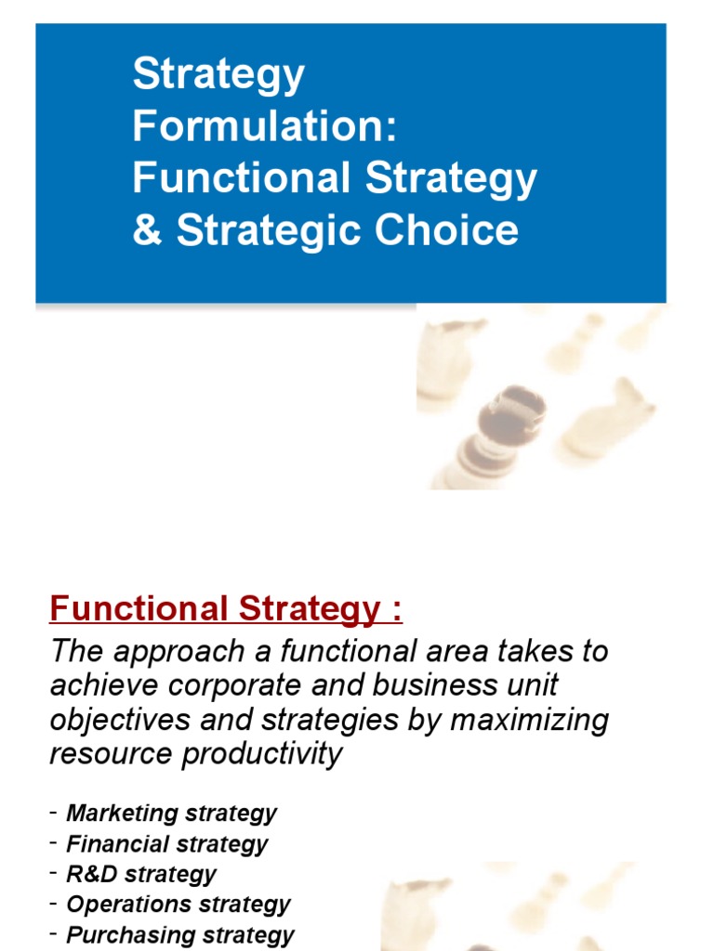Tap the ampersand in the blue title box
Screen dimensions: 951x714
click(x=147, y=229)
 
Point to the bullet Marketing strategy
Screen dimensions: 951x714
click(x=171, y=814)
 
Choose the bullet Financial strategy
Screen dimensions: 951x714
click(x=166, y=844)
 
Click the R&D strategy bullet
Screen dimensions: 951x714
click(x=141, y=874)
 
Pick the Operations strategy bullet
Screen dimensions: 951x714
click(x=178, y=904)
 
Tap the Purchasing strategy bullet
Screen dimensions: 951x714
click(x=180, y=934)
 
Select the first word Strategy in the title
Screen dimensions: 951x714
click(x=218, y=74)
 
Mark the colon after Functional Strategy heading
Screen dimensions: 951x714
click(x=397, y=611)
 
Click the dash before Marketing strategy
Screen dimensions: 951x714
click(x=55, y=814)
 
